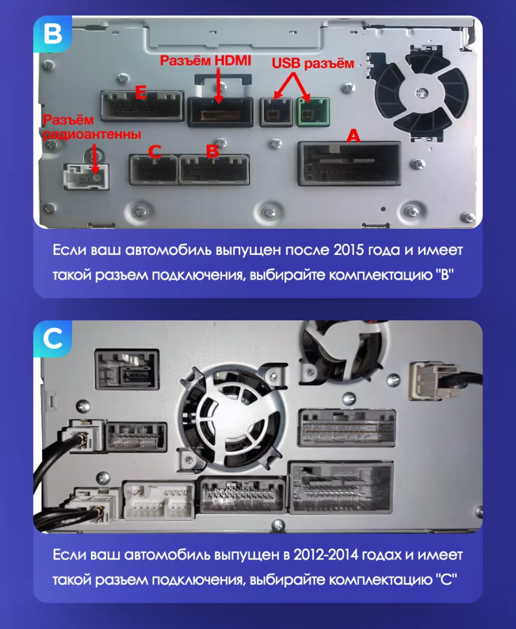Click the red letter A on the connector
click(352, 136)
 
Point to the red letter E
click(139, 93)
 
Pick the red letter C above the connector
click(154, 152)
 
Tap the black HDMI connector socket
click(219, 112)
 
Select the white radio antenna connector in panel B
click(85, 176)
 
